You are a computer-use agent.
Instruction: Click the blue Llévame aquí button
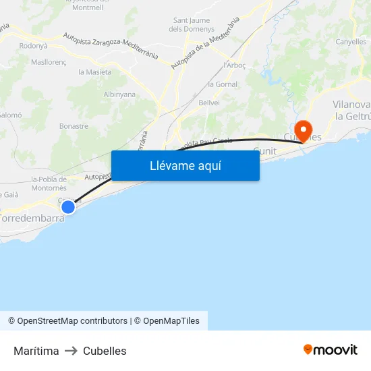185,165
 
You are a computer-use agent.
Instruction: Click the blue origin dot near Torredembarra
68,207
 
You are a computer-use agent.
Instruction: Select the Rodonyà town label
34,46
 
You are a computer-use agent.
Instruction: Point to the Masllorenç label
49,61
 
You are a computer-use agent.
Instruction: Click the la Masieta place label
95,72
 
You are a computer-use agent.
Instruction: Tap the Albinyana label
119,94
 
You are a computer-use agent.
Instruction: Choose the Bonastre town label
74,126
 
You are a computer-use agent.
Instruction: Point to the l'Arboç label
233,65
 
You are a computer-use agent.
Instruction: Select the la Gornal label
222,84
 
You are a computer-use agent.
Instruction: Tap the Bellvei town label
210,103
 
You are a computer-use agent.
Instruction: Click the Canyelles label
351,42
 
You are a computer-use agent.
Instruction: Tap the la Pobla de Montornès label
49,183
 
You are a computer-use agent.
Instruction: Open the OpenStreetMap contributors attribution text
72,321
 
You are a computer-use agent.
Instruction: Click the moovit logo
331,349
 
